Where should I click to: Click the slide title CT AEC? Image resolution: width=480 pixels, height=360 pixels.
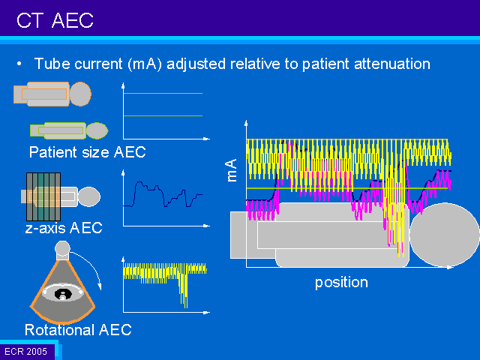point(55,20)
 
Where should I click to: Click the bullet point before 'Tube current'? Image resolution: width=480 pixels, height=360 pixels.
point(19,64)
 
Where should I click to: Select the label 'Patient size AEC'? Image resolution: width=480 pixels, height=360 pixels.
point(87,152)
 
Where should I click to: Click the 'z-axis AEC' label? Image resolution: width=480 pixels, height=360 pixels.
point(64,228)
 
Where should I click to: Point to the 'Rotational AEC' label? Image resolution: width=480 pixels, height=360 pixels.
point(78,330)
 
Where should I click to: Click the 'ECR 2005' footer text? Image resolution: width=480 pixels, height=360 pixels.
point(26,351)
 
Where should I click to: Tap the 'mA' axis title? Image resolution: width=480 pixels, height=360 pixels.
point(232,170)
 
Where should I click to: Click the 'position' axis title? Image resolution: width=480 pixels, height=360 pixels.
point(341,282)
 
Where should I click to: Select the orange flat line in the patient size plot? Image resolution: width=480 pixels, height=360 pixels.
point(163,93)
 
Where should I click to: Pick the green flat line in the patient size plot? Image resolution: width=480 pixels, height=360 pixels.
point(163,115)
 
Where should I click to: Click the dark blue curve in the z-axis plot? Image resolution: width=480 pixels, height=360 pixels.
point(163,194)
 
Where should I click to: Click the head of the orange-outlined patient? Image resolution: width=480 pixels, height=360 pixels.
point(80,94)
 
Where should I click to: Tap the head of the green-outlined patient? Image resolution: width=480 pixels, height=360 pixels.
point(97,130)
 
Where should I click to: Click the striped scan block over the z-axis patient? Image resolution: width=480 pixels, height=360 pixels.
point(43,196)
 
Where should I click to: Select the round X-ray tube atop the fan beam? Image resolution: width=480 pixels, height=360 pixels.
point(62,248)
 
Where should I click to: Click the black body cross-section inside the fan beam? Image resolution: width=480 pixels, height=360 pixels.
point(63,294)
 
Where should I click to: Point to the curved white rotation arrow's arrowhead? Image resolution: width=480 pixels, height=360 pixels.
point(99,286)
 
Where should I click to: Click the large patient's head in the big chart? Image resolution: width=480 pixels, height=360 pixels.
point(445,235)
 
